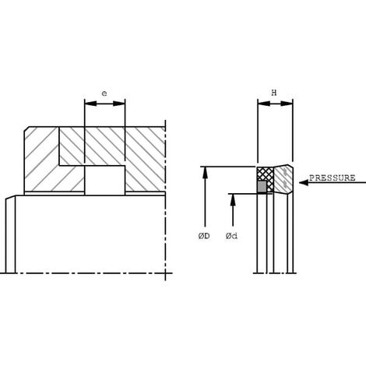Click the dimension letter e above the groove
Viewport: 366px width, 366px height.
(x=104, y=93)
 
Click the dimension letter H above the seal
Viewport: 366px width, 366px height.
(x=274, y=93)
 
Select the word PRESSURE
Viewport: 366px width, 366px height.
(x=332, y=178)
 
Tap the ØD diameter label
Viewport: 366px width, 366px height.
(x=204, y=236)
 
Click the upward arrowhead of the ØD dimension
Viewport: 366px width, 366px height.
(x=205, y=171)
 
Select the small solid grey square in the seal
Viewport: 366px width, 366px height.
(x=262, y=187)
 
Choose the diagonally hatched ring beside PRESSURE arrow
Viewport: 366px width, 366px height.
(x=283, y=178)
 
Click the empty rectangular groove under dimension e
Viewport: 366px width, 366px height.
(x=104, y=180)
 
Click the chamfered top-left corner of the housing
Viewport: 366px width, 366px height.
(x=28, y=132)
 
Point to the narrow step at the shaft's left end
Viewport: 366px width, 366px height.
(x=10, y=234)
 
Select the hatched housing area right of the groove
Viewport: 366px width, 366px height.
(x=144, y=160)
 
